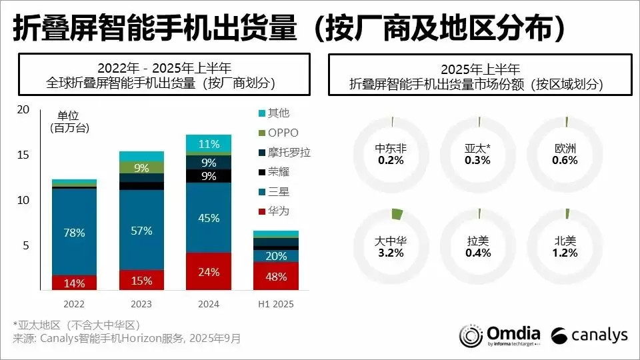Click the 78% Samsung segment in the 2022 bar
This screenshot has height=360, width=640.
click(x=74, y=232)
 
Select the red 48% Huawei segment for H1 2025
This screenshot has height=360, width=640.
click(x=275, y=276)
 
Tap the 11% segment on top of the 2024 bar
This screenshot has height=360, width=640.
click(x=209, y=143)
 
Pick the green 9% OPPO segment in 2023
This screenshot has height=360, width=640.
click(x=141, y=167)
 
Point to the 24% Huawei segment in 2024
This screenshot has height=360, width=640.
click(x=209, y=271)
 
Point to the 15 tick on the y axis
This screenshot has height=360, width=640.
click(x=23, y=155)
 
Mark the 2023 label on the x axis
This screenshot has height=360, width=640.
click(x=141, y=304)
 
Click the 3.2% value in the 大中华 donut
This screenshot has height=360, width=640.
click(x=391, y=253)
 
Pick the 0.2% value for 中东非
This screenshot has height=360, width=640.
click(x=391, y=160)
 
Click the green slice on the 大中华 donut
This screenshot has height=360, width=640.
click(x=397, y=214)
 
